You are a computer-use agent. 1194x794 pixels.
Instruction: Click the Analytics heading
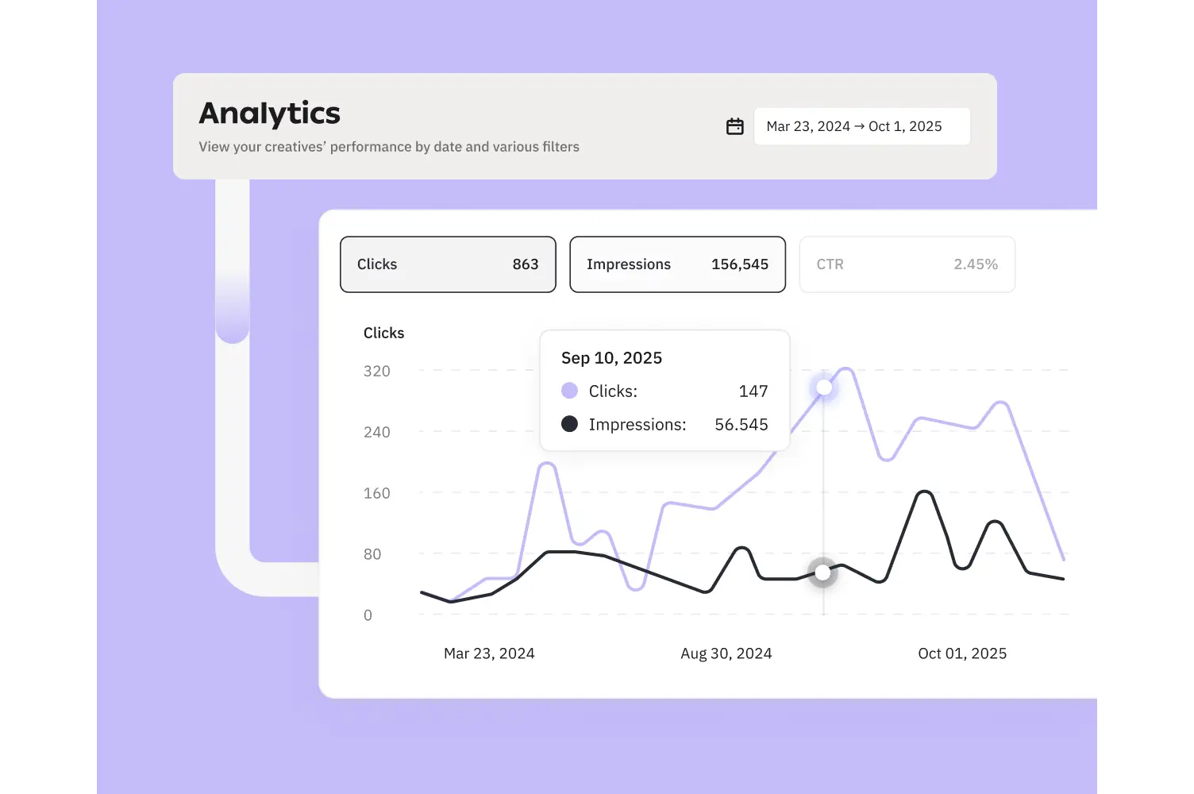tap(269, 114)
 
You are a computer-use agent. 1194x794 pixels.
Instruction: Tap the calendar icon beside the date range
tap(735, 126)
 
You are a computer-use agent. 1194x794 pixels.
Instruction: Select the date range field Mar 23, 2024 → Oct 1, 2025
tap(861, 126)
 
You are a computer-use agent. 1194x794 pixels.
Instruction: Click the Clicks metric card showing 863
tap(448, 264)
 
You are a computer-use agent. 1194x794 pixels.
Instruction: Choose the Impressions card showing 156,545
tap(677, 264)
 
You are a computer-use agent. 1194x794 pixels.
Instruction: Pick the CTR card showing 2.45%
tap(907, 264)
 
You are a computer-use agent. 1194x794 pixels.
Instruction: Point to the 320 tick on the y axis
tap(377, 371)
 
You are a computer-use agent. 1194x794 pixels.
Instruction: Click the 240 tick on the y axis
tap(377, 432)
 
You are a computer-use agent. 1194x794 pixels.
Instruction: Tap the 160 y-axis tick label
tap(377, 493)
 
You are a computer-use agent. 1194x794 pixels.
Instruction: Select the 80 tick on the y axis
tap(372, 554)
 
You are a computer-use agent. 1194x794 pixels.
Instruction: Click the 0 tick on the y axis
tap(368, 615)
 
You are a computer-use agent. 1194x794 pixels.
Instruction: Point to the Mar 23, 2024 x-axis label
tap(489, 653)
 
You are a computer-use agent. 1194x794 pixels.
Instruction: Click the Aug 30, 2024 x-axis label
tap(726, 653)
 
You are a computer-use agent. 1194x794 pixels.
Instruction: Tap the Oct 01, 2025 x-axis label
tap(962, 653)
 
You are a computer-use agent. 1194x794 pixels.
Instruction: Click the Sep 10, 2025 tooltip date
tap(611, 358)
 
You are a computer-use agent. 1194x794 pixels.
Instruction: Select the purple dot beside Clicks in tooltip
tap(569, 391)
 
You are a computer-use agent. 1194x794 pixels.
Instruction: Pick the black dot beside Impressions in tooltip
tap(569, 424)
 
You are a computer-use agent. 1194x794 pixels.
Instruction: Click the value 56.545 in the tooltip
tap(741, 425)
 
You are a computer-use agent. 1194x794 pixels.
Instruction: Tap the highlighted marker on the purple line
tap(824, 387)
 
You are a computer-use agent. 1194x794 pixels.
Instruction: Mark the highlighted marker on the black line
tap(822, 572)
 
